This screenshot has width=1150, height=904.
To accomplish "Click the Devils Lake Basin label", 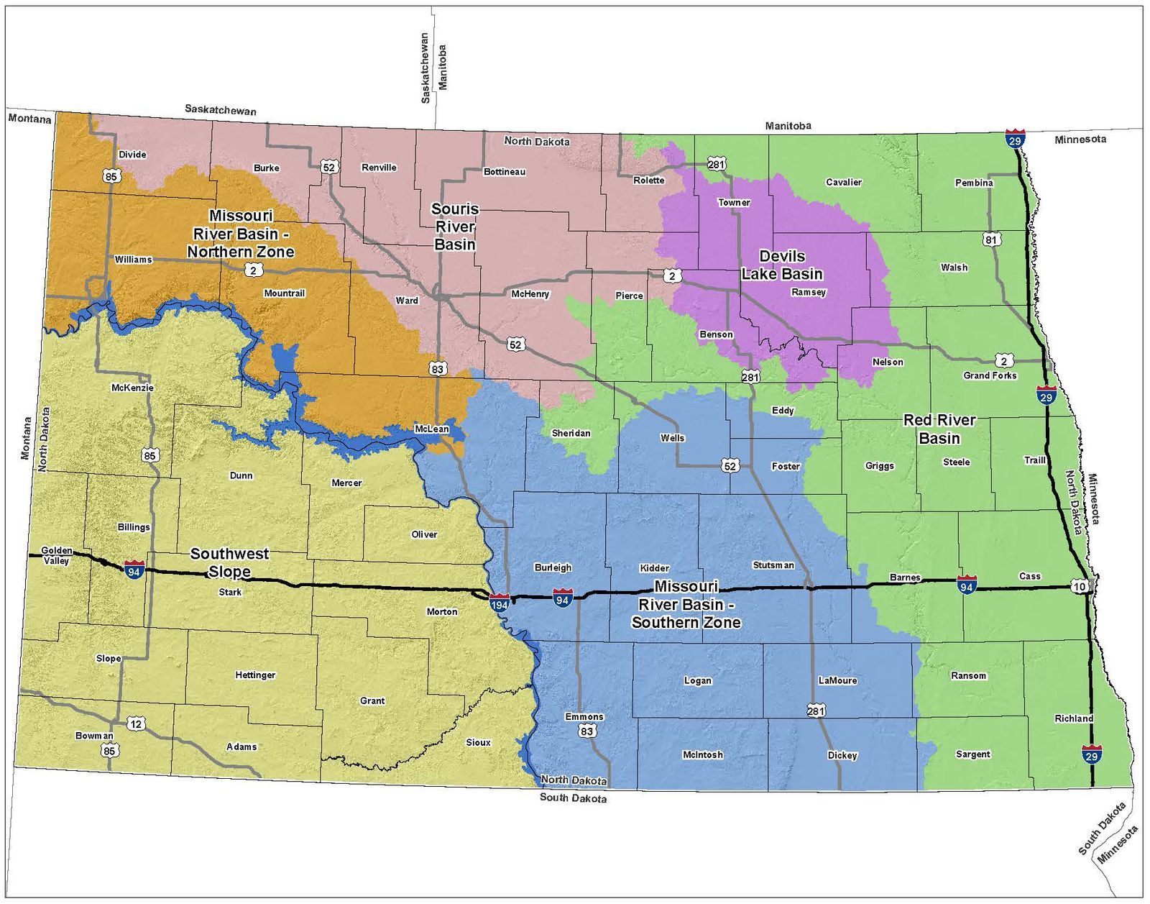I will [781, 265].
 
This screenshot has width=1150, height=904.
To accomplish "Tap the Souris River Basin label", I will [454, 227].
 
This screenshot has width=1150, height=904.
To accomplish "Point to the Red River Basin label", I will [939, 429].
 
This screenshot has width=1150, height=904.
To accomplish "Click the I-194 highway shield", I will [499, 602].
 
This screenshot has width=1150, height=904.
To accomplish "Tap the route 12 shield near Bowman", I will [136, 723].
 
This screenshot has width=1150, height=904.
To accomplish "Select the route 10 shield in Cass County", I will [1080, 587].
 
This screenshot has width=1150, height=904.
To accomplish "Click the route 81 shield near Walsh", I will [992, 239].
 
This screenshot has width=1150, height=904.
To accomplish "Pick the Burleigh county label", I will [553, 567].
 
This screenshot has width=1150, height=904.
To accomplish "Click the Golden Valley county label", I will [56, 555].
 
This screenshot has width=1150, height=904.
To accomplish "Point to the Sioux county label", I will [478, 742].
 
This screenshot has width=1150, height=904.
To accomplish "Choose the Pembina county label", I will [974, 183].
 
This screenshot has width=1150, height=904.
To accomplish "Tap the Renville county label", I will [379, 168].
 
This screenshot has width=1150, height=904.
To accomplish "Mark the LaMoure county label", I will [837, 680].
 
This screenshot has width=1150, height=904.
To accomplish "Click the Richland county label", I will [1074, 718].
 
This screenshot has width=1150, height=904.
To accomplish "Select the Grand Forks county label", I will [990, 375].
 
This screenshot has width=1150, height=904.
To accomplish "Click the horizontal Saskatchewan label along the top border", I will [220, 110].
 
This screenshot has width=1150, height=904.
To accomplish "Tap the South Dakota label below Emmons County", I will [573, 798].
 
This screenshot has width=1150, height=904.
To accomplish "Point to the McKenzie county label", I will [132, 388].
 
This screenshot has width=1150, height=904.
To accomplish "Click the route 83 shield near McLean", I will [437, 369].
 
